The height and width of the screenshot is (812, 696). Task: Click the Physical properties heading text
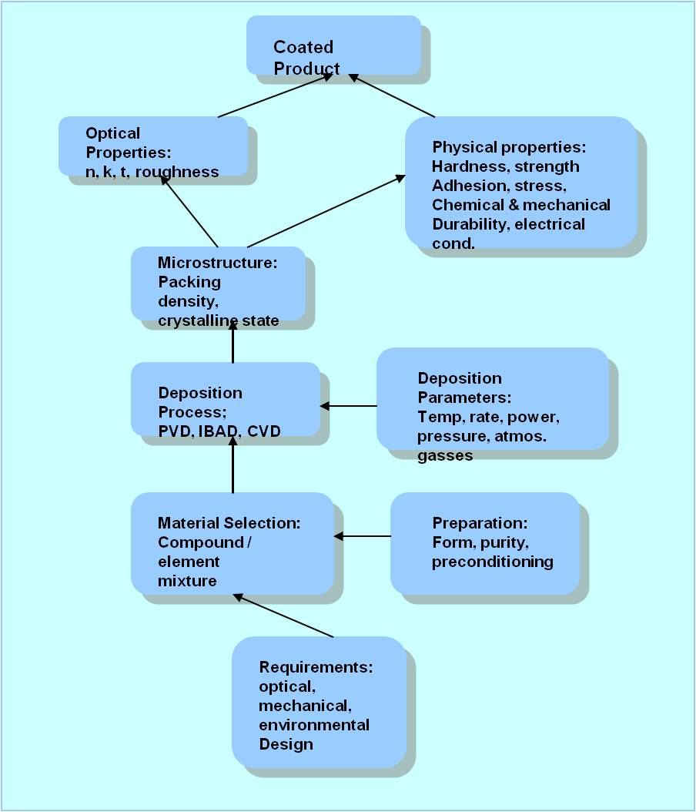509,146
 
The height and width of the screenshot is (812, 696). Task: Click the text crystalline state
218,320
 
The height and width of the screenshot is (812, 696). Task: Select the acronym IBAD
218,431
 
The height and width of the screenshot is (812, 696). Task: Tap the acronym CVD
264,431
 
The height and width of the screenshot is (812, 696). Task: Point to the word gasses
445,455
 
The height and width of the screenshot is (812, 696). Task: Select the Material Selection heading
228,523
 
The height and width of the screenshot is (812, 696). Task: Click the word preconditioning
492,562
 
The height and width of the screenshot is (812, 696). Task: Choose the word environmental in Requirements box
313,725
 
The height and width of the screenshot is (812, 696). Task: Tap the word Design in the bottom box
286,744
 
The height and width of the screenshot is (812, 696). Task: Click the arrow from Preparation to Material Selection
362,536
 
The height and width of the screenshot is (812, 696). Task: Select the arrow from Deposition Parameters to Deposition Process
348,406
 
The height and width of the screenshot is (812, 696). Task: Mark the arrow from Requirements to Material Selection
283,616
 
